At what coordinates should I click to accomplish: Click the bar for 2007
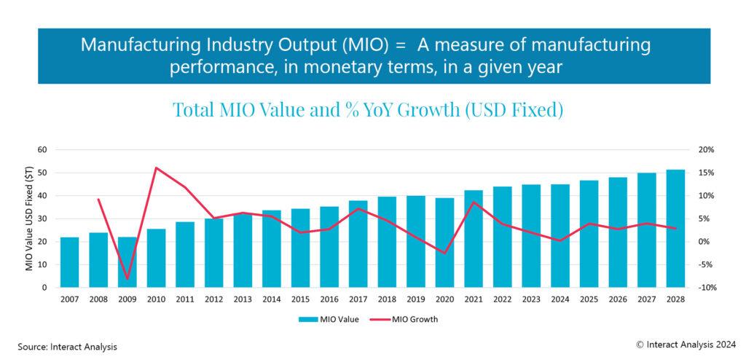(69, 262)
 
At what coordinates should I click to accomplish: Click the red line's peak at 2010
(156, 168)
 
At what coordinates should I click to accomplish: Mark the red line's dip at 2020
(444, 253)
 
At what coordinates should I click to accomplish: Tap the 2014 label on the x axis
(271, 299)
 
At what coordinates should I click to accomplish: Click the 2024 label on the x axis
(559, 299)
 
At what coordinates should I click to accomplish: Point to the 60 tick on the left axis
(42, 149)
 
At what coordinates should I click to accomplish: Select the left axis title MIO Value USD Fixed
(30, 219)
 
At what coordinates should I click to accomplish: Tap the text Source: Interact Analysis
(68, 347)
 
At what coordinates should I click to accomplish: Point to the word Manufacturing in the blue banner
(130, 45)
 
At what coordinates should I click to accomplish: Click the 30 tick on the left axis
(42, 219)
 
